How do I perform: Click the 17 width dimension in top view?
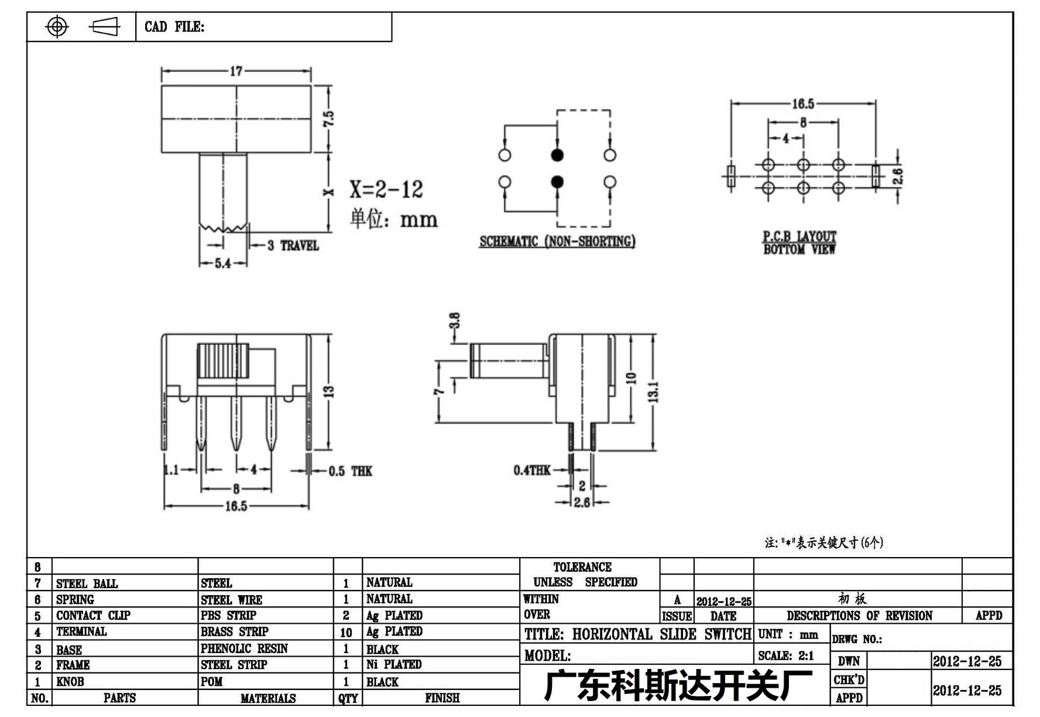pyautogui.click(x=236, y=71)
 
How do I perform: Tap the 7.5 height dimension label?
pyautogui.click(x=329, y=119)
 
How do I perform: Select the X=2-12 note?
pyautogui.click(x=386, y=189)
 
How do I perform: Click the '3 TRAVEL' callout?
pyautogui.click(x=293, y=245)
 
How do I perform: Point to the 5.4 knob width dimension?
pyautogui.click(x=223, y=264)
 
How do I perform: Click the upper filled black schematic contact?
pyautogui.click(x=557, y=155)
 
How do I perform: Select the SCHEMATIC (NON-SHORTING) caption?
pyautogui.click(x=557, y=241)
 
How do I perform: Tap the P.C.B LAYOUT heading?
pyautogui.click(x=799, y=236)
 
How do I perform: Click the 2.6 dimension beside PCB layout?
pyautogui.click(x=898, y=176)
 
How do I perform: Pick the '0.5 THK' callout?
pyautogui.click(x=350, y=471)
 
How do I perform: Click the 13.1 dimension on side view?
pyautogui.click(x=654, y=392)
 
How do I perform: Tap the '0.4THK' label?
pyautogui.click(x=532, y=470)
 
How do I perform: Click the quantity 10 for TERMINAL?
pyautogui.click(x=346, y=633)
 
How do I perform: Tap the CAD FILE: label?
pyautogui.click(x=174, y=27)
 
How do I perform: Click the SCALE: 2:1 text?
pyautogui.click(x=786, y=655)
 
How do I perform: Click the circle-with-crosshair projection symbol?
pyautogui.click(x=57, y=27)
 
